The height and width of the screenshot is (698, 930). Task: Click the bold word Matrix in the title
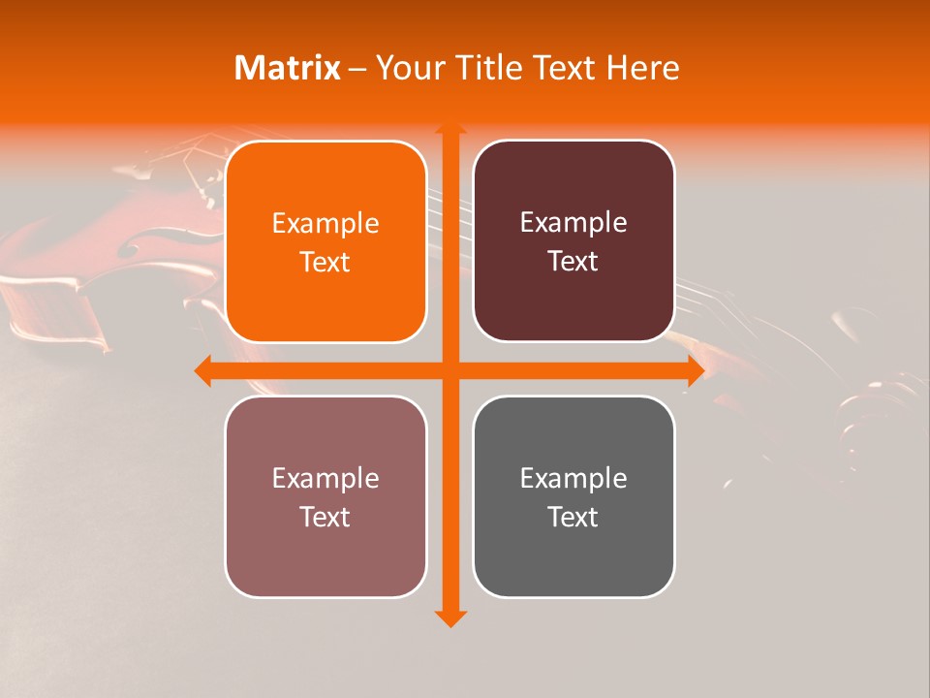pyautogui.click(x=288, y=68)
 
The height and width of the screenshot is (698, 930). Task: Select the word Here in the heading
pyautogui.click(x=643, y=68)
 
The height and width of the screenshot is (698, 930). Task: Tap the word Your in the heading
pyautogui.click(x=407, y=68)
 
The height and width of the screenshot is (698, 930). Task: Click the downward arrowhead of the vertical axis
pyautogui.click(x=449, y=617)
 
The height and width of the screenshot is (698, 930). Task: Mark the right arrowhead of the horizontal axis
pyautogui.click(x=695, y=370)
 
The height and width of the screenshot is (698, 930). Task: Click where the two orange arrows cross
pyautogui.click(x=449, y=370)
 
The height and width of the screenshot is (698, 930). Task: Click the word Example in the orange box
pyautogui.click(x=325, y=224)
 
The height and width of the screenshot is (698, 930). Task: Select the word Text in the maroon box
pyautogui.click(x=573, y=262)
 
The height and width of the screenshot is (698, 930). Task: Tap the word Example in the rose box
pyautogui.click(x=325, y=479)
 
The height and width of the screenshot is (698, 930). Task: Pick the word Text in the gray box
pyautogui.click(x=573, y=518)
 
